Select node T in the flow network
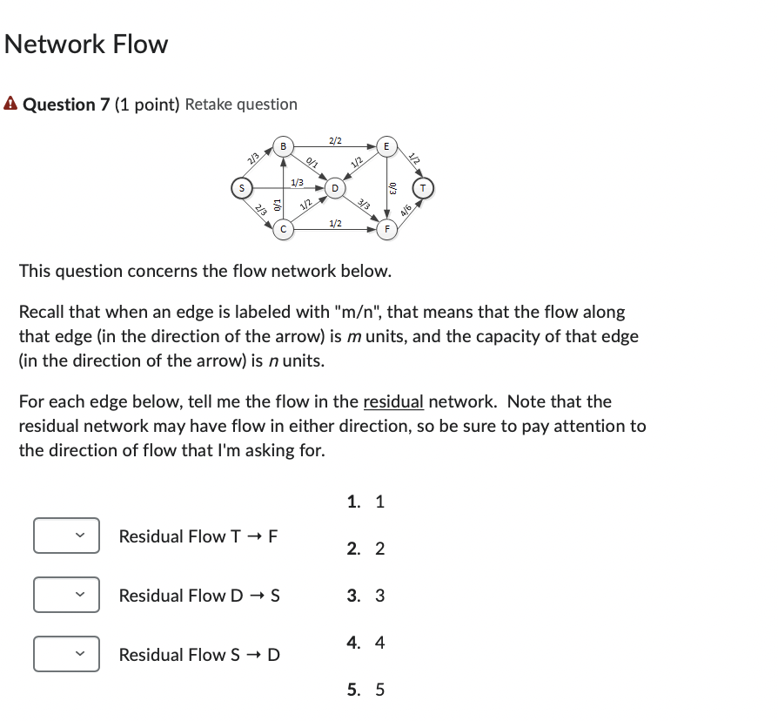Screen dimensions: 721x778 click(424, 186)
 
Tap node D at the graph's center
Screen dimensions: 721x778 click(334, 186)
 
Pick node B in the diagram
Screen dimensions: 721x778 click(284, 145)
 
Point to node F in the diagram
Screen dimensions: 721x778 click(387, 229)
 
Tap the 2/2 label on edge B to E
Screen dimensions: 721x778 click(335, 140)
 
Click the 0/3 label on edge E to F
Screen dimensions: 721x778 click(392, 186)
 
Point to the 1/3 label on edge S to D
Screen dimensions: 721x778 click(297, 181)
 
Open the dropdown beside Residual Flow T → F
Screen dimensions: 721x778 click(66, 536)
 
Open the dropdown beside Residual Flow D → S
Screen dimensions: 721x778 click(66, 595)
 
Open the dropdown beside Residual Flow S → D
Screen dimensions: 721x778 click(66, 654)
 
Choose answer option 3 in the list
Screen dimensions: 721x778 click(366, 596)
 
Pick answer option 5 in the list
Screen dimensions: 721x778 click(366, 690)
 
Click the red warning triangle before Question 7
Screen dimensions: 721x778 click(10, 104)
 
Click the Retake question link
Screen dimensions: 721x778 click(241, 104)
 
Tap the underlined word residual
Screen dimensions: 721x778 click(392, 401)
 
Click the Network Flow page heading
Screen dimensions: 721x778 click(86, 44)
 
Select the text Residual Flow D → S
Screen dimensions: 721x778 click(199, 596)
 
